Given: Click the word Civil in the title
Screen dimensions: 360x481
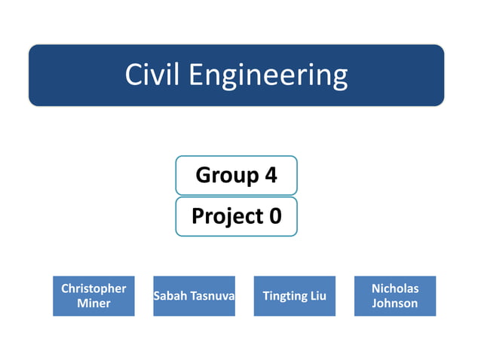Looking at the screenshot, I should click(152, 75).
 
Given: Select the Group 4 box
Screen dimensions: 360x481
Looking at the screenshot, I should click(236, 175).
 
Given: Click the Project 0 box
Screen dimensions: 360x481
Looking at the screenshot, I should click(236, 217).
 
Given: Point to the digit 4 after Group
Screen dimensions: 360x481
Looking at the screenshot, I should click(271, 175).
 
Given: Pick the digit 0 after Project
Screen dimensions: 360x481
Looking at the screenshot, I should click(276, 217).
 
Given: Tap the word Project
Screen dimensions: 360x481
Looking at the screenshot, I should click(227, 218).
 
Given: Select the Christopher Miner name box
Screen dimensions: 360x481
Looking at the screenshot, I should click(93, 296).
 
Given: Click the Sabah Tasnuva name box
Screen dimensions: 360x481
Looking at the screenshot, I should click(194, 296).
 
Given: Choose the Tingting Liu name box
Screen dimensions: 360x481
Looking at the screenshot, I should click(294, 296).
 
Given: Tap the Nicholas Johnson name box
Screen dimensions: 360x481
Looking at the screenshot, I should click(395, 296).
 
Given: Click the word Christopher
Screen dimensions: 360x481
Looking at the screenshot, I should click(93, 289).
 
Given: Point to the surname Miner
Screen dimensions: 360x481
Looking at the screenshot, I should click(93, 304).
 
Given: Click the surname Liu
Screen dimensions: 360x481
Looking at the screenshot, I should click(318, 296).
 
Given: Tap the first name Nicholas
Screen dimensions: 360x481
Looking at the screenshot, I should click(395, 289).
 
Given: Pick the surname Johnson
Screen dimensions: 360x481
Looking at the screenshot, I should click(395, 304).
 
